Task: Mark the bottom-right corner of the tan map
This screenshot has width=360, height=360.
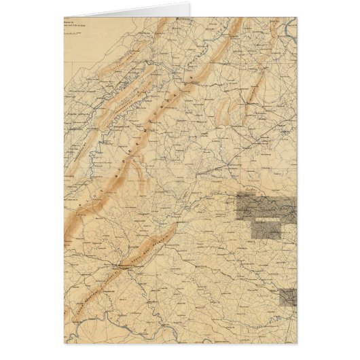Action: point(296,344)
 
